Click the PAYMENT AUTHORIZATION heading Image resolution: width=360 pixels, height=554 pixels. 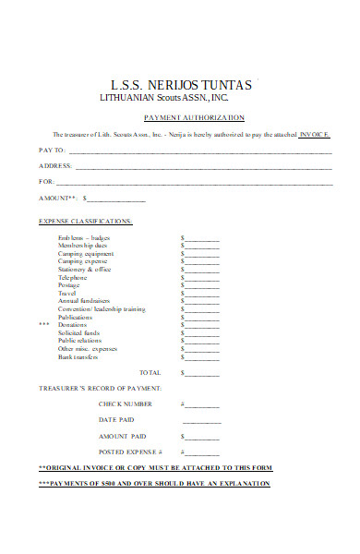coord(208,117)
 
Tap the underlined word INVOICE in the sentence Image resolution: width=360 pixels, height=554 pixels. coord(313,135)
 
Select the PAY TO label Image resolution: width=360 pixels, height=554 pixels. coord(51,150)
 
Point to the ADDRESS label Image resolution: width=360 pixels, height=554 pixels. coord(54,165)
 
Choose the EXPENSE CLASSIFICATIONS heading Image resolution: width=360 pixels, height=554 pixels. coord(85,222)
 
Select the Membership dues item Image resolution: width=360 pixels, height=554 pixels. coord(83,246)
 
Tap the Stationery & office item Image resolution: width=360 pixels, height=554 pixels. coord(84,270)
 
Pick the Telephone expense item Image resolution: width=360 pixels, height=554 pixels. coord(73,278)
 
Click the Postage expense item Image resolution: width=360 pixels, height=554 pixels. coord(69,285)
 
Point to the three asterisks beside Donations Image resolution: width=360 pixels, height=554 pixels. coord(43,325)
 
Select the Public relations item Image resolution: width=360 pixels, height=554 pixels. coord(79,341)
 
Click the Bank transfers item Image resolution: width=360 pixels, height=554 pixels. coord(78,356)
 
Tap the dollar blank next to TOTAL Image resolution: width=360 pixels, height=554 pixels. coord(202,373)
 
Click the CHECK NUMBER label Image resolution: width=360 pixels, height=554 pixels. coord(126,404)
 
